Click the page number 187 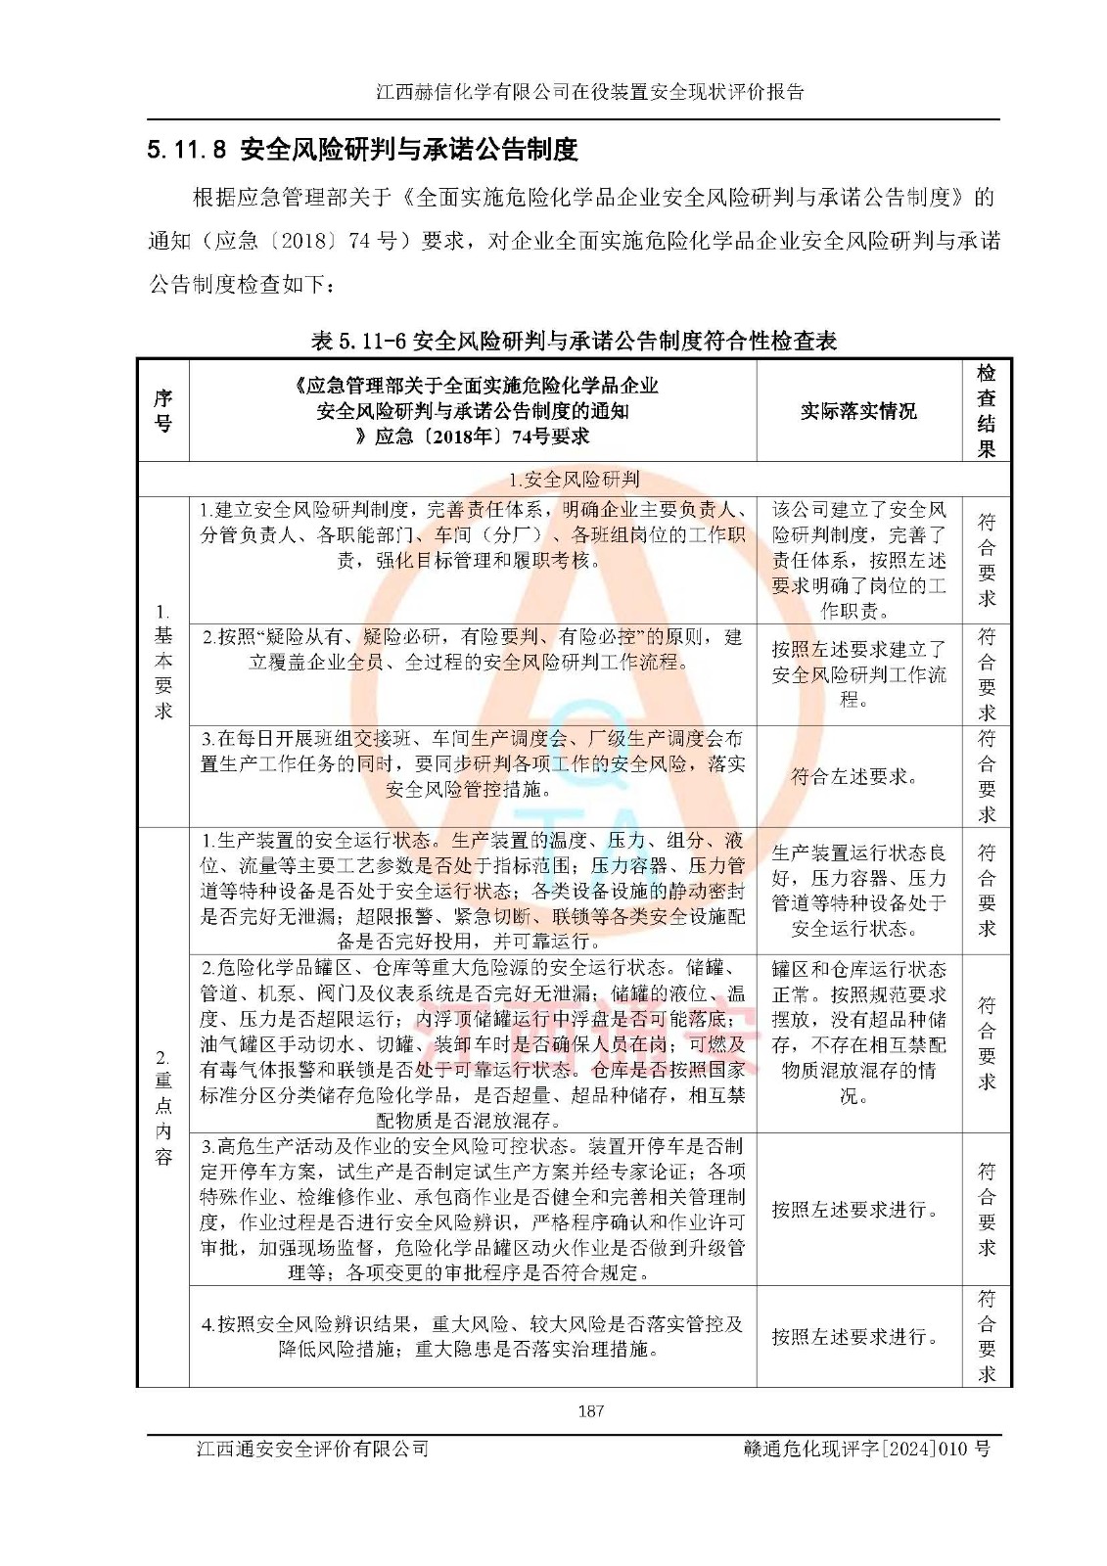pyautogui.click(x=590, y=1410)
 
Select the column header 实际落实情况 pyautogui.click(x=858, y=411)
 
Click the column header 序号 pyautogui.click(x=162, y=411)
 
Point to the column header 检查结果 pyautogui.click(x=986, y=411)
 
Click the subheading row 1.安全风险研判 pyautogui.click(x=574, y=480)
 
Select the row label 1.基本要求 pyautogui.click(x=162, y=662)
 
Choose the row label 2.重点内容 pyautogui.click(x=162, y=1106)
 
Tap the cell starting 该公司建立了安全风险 pyautogui.click(x=858, y=560)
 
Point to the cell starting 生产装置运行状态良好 pyautogui.click(x=858, y=890)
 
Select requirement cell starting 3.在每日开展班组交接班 pyautogui.click(x=472, y=763)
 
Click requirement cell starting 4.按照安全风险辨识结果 pyautogui.click(x=472, y=1336)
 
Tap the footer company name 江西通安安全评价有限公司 pyautogui.click(x=312, y=1449)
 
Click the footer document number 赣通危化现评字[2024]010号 pyautogui.click(x=866, y=1449)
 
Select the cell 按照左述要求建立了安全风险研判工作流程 pyautogui.click(x=858, y=674)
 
